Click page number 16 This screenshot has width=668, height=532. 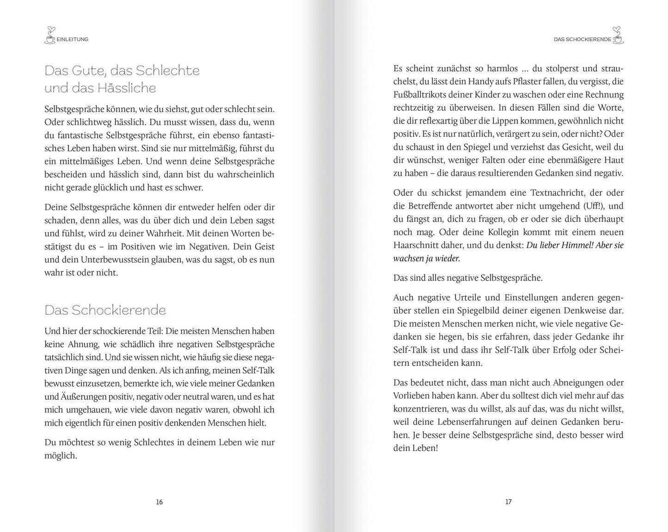159,502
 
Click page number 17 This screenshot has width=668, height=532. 508,502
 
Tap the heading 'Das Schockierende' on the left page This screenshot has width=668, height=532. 105,310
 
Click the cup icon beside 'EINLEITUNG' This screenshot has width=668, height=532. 50,36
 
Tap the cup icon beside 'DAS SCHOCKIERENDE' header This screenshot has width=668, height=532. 618,36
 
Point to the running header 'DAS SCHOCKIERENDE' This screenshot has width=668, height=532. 582,40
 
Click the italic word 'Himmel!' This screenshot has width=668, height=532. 576,245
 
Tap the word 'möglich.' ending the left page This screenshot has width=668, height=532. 61,456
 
